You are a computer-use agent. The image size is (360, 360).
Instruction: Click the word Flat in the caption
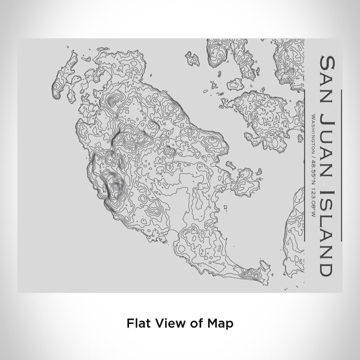[138, 322]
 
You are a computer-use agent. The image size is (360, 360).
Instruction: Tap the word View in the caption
[169, 322]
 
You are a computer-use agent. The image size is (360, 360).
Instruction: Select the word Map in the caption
[220, 322]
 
